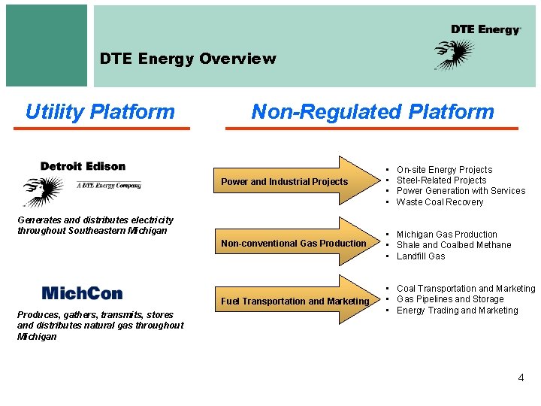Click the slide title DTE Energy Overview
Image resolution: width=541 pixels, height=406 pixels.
coord(188,59)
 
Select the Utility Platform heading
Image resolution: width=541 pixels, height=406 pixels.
coord(100,112)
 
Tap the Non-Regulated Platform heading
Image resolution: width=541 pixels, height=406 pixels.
coord(373,112)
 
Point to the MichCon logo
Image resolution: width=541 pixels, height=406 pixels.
coord(82,292)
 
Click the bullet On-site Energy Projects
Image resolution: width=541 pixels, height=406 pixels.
coord(444,170)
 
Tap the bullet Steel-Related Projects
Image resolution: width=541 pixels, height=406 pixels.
coord(441,180)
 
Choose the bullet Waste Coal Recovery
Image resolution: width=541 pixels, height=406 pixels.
coord(440,201)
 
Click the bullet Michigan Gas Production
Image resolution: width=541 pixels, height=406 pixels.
coord(446,235)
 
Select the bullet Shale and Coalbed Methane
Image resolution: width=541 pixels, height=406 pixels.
coord(453,245)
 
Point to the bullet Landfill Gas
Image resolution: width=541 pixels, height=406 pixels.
coord(421,256)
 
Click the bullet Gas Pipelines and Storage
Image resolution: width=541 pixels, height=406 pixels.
coord(450,299)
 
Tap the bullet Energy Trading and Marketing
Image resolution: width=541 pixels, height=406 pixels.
coord(457,311)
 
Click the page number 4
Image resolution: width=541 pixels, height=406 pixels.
coord(521,377)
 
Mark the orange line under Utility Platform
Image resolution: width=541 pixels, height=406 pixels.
coord(102,129)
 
